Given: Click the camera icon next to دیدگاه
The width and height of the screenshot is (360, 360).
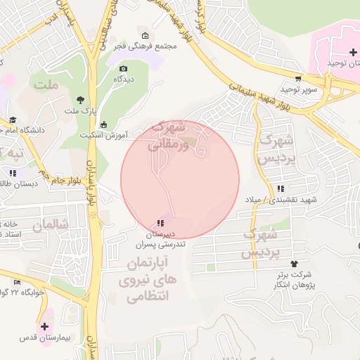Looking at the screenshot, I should click(124, 69).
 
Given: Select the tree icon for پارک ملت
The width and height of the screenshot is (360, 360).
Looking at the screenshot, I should click(79, 100).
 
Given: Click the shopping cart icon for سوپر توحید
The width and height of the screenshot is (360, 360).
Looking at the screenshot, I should click(298, 79).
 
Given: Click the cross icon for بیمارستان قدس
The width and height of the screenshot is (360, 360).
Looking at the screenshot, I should click(45, 327).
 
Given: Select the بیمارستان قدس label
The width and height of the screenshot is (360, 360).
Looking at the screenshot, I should click(45, 338).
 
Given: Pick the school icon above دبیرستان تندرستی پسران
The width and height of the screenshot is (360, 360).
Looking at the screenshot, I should click(160, 223).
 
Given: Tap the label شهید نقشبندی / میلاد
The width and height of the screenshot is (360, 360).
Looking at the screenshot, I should click(285, 199).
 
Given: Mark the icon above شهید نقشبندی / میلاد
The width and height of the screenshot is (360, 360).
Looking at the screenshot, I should click(281, 188).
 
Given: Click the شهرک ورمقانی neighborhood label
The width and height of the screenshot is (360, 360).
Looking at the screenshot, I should click(172, 134).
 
